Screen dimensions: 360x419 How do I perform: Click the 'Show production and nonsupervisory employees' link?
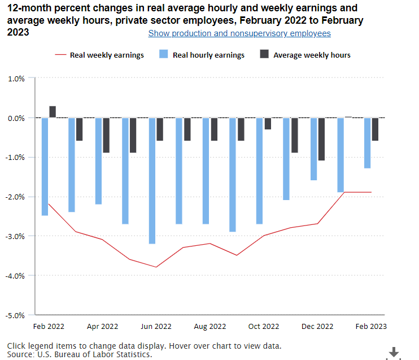point(239,33)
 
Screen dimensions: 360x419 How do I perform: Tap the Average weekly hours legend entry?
point(305,55)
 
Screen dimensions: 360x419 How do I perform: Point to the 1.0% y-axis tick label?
point(16,79)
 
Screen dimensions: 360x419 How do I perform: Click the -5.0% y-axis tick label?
point(16,315)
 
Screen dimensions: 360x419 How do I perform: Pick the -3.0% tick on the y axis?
point(16,236)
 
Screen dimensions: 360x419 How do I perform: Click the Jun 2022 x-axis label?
point(156,326)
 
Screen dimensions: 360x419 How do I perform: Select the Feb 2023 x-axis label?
point(371,326)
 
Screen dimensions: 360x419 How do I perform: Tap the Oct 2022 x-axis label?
point(263,326)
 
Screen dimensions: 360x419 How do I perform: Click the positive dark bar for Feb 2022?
point(53,112)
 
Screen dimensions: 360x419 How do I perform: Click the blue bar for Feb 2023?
point(367,143)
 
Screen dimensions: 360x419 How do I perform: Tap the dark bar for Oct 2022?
point(268,124)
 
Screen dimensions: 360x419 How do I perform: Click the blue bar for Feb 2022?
point(45,167)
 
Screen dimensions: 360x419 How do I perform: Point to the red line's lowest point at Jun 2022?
point(156,267)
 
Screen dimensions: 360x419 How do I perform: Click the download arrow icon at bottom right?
point(394,352)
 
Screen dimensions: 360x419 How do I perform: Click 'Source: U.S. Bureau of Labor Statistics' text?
point(80,354)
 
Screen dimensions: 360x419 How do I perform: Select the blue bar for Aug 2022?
point(206,171)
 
